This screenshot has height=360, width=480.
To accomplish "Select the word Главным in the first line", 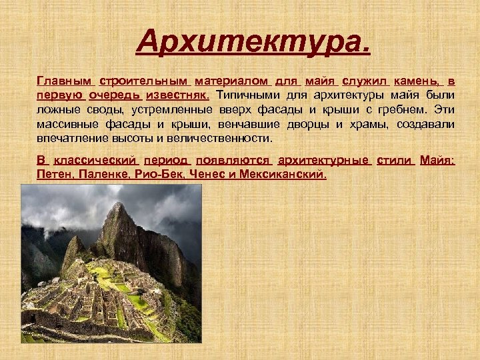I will point(65,81).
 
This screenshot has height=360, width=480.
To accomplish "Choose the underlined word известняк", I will point(176,95).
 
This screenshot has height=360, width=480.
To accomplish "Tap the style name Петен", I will point(54,175).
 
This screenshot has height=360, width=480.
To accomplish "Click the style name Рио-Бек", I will point(159,175).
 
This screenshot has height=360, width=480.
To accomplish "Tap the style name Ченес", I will point(208,175).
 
